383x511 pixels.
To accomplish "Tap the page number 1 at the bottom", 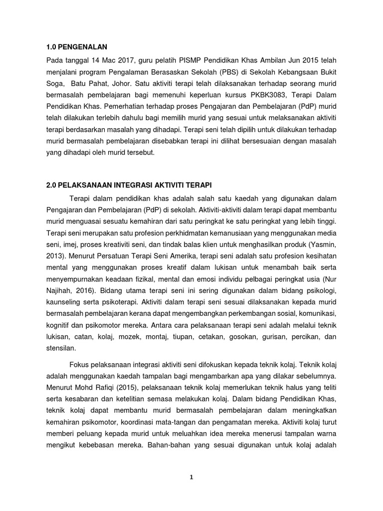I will [191, 477].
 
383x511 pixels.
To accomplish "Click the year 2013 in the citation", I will [53, 255].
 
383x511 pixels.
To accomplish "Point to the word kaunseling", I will [62, 301].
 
